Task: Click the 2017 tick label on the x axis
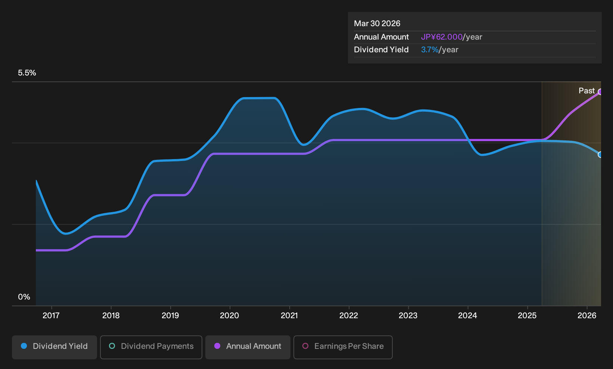(x=51, y=316)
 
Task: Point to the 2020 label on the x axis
(x=230, y=316)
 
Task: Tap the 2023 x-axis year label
(x=408, y=316)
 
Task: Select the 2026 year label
(x=587, y=316)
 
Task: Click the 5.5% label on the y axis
(x=27, y=73)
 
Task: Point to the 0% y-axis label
(x=24, y=297)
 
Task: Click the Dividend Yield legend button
(x=55, y=347)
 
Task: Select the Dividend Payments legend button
(x=151, y=347)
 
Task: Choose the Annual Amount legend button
(x=248, y=347)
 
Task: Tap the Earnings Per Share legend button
(x=343, y=347)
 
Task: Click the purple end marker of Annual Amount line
(x=600, y=92)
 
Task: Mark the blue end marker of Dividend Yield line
(x=600, y=155)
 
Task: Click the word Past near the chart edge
(x=587, y=91)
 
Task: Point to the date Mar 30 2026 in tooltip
(x=377, y=24)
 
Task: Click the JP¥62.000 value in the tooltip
(x=442, y=37)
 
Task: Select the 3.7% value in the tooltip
(x=430, y=50)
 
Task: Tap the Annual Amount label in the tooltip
(x=381, y=37)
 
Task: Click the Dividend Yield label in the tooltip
(x=381, y=50)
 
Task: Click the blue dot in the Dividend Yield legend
(x=24, y=346)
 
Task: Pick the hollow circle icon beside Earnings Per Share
(x=305, y=346)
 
